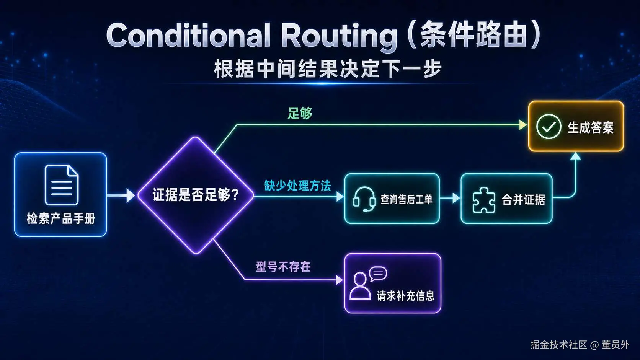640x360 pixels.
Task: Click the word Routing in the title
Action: click(339, 37)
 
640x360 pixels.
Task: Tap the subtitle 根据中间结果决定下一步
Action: click(328, 69)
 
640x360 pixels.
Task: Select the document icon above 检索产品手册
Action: click(61, 185)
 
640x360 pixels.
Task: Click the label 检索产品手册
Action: click(61, 219)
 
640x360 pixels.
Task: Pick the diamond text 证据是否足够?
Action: click(196, 195)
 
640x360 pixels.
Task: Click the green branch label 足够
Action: click(300, 113)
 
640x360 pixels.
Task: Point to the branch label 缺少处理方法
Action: click(297, 186)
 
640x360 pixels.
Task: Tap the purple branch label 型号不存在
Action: click(283, 267)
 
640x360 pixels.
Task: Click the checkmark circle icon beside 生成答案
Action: click(549, 127)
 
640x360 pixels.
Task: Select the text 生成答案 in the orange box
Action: click(591, 127)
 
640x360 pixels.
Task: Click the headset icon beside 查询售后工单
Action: click(364, 199)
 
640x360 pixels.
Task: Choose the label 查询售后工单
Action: click(406, 200)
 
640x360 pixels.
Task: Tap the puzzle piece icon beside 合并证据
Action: click(484, 200)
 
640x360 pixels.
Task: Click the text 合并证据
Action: click(523, 200)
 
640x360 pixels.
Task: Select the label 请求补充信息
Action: click(406, 296)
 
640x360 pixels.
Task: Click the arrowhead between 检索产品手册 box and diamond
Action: click(130, 195)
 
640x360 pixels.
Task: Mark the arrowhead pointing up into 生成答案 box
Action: click(575, 156)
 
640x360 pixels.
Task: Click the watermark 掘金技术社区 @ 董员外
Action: click(580, 345)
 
